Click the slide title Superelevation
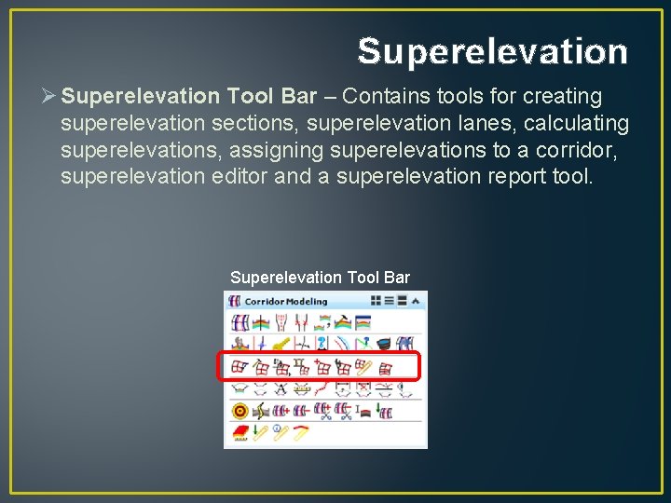click(492, 51)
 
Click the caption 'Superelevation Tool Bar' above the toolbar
click(320, 278)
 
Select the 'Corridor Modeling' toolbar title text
click(286, 301)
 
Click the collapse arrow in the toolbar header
click(416, 301)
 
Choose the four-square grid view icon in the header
click(376, 301)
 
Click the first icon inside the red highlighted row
click(239, 367)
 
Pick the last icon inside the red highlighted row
click(385, 367)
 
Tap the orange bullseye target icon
click(239, 410)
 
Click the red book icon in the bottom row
click(239, 431)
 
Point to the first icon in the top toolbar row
click(239, 323)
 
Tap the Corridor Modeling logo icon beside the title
click(235, 301)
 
